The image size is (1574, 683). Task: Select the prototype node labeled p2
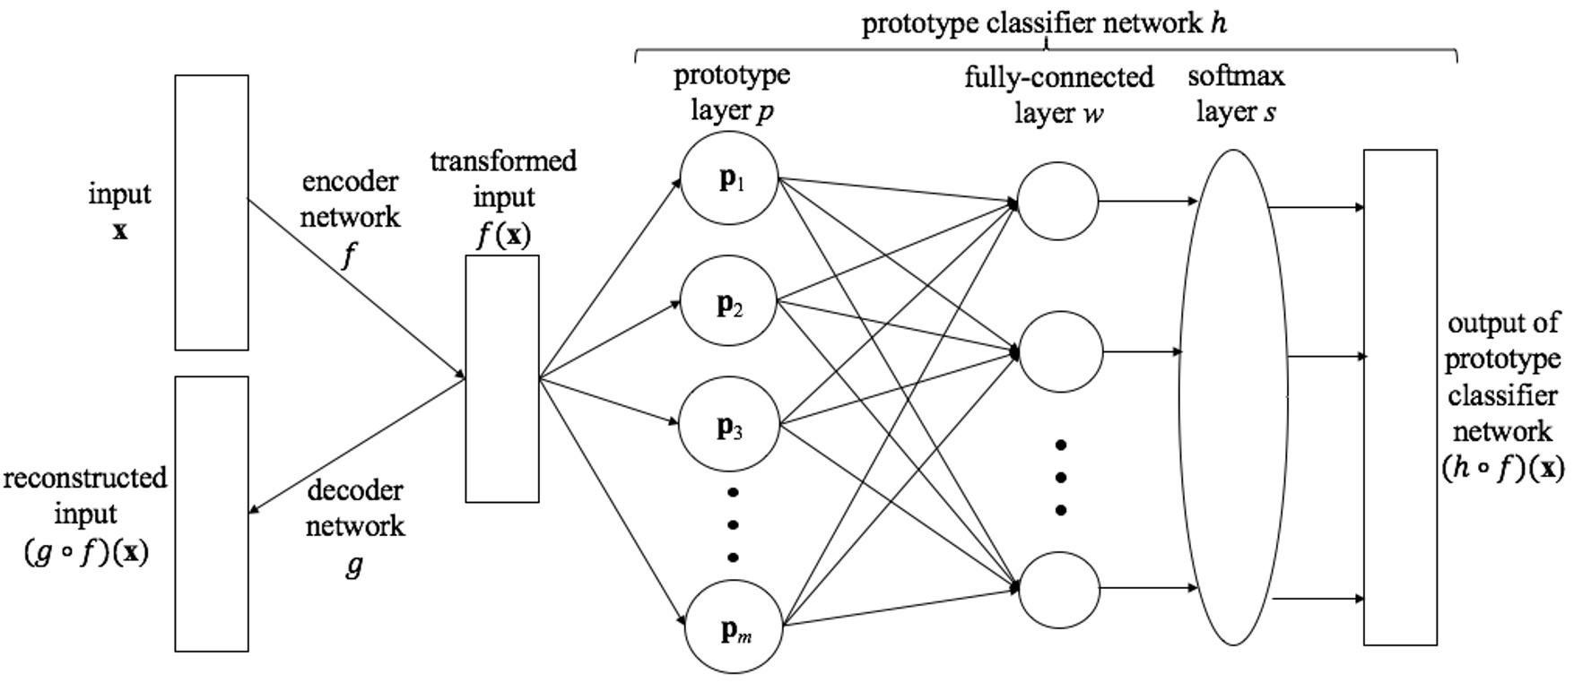click(728, 303)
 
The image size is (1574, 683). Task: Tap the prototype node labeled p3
click(728, 427)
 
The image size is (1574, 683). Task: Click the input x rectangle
click(212, 212)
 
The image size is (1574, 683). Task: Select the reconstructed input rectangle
click(212, 514)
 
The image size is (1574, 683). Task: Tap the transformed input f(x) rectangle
click(502, 378)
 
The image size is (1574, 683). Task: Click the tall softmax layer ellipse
click(1233, 397)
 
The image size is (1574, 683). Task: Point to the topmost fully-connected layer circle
click(1058, 201)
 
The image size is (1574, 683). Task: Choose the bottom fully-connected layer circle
click(1060, 590)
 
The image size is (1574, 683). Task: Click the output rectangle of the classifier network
click(1400, 397)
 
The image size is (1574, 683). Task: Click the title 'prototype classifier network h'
click(1044, 23)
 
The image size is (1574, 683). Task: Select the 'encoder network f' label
click(350, 217)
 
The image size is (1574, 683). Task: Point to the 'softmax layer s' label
click(1236, 94)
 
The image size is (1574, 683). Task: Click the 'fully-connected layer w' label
click(1059, 95)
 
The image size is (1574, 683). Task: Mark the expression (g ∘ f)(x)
click(85, 551)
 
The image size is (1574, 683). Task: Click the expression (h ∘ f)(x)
click(1503, 468)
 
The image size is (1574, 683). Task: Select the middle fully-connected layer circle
click(1061, 352)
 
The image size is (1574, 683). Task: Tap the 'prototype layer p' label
click(732, 92)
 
